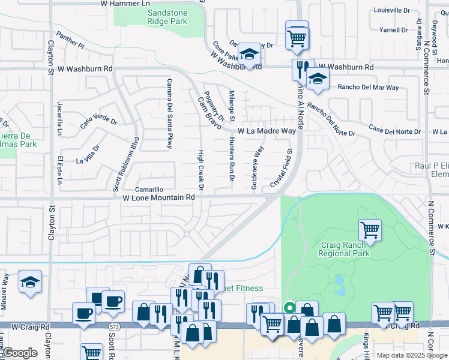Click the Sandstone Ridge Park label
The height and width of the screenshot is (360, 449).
point(159,17)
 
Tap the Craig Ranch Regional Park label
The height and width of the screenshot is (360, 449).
point(344,249)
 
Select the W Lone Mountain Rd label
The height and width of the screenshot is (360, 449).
point(159,197)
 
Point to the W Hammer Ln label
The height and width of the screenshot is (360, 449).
point(125,4)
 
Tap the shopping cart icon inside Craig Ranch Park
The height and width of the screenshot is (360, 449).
point(370,229)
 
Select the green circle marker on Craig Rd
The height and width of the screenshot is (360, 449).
point(289,308)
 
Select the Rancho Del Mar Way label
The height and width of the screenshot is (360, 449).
point(368,88)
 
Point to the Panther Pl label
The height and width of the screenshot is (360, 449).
point(71,40)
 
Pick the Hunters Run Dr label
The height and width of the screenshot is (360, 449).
point(232,158)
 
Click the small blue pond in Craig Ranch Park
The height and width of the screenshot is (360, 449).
point(340,281)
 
